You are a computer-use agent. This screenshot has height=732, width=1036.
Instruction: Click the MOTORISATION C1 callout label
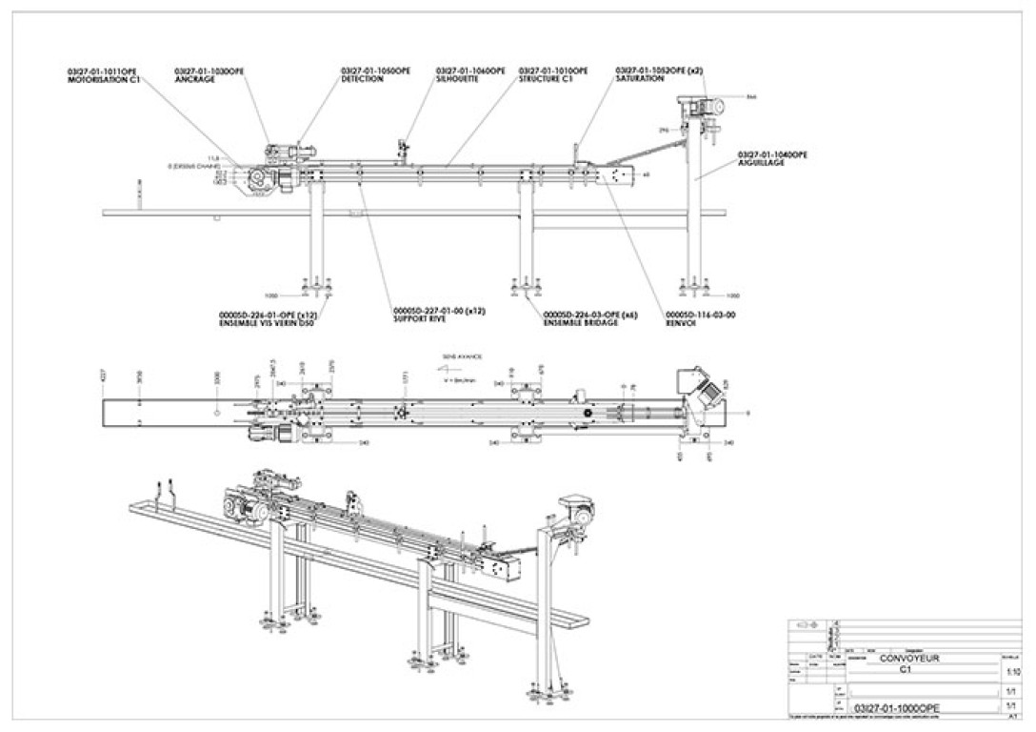point(104,80)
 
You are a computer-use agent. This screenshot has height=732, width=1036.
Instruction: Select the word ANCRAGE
point(195,80)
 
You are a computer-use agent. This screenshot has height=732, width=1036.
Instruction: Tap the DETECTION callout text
point(363,80)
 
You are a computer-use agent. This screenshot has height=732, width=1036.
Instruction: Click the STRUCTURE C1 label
point(545,80)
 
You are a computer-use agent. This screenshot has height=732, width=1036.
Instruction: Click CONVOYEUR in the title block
point(908,658)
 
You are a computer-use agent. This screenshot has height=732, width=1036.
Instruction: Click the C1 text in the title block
point(906,669)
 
